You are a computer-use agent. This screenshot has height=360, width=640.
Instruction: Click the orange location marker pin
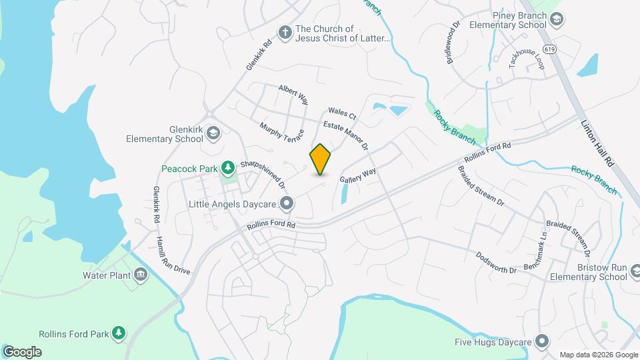pyautogui.click(x=320, y=159)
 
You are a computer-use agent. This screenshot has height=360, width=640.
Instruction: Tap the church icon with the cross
pyautogui.click(x=285, y=32)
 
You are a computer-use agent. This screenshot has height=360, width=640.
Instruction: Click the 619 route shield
pyautogui.click(x=549, y=49)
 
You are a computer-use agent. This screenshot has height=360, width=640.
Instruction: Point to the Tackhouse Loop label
pyautogui.click(x=527, y=59)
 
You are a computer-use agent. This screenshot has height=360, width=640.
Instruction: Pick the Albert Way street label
pyautogui.click(x=293, y=95)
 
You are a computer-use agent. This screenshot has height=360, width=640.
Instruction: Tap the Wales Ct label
pyautogui.click(x=342, y=114)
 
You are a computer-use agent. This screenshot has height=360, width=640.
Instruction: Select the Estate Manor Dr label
pyautogui.click(x=346, y=135)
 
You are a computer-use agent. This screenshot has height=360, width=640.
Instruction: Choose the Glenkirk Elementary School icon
pyautogui.click(x=213, y=133)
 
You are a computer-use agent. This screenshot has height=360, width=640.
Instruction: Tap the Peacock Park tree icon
pyautogui.click(x=228, y=167)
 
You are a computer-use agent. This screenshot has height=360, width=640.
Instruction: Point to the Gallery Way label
pyautogui.click(x=358, y=176)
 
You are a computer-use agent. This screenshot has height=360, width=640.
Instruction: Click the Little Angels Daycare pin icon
pyautogui.click(x=287, y=203)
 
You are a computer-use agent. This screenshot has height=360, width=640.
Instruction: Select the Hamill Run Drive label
pyautogui.click(x=173, y=255)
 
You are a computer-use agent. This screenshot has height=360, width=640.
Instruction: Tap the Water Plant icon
pyautogui.click(x=141, y=274)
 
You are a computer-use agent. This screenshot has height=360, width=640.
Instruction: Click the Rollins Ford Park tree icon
pyautogui.click(x=119, y=332)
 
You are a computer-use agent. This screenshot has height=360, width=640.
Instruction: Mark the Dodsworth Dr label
pyautogui.click(x=497, y=263)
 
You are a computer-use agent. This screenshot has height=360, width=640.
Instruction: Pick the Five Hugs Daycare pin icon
pyautogui.click(x=543, y=341)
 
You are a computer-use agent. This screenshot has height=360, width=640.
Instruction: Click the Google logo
pyautogui.click(x=22, y=352)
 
